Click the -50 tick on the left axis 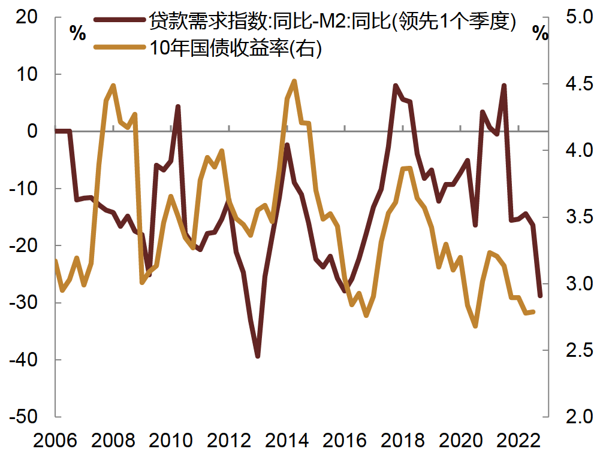click(25, 417)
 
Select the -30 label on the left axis click(25, 302)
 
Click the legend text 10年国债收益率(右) click(236, 48)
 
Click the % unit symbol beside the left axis click(78, 33)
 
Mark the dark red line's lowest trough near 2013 click(258, 356)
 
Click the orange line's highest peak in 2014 click(294, 81)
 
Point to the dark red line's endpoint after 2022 click(540, 296)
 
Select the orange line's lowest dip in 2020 click(475, 326)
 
